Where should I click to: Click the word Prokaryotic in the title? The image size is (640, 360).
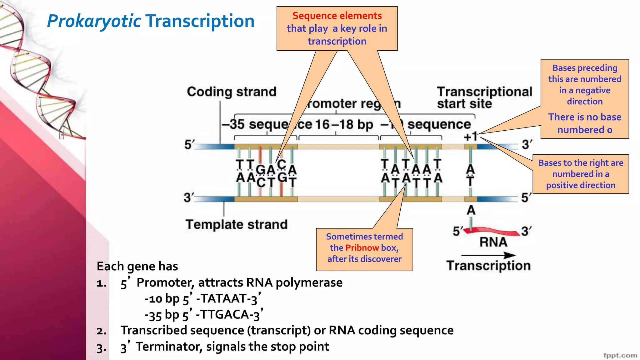[x=94, y=21]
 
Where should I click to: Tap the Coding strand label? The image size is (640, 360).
[x=232, y=92]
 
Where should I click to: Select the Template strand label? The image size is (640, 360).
[x=237, y=224]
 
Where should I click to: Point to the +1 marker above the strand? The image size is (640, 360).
[x=470, y=137]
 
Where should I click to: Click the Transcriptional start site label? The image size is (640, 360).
[x=484, y=97]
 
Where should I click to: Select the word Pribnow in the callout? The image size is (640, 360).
[x=362, y=248]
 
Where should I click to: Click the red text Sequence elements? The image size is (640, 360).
[x=337, y=16]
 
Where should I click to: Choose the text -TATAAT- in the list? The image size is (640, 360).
[x=224, y=299]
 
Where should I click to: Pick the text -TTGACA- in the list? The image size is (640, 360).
[x=224, y=315]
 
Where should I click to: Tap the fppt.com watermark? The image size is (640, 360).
[x=620, y=355]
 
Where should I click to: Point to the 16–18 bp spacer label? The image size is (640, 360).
[x=344, y=124]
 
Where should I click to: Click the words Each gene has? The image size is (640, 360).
[x=137, y=266]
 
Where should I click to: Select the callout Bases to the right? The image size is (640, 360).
[x=581, y=174]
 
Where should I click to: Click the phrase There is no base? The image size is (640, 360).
[x=584, y=117]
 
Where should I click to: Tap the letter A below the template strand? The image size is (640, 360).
[x=471, y=210]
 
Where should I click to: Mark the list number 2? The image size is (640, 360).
[x=101, y=331]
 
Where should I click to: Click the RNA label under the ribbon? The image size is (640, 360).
[x=493, y=242]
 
